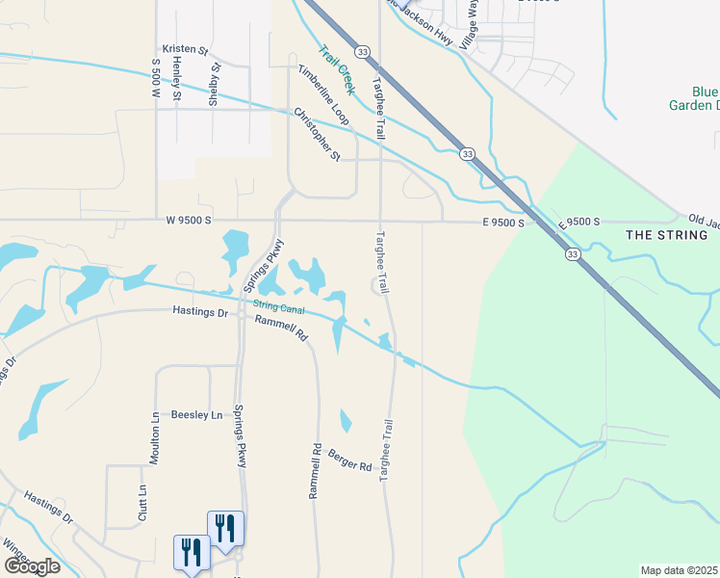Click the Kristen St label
click(x=186, y=48)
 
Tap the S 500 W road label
click(x=154, y=78)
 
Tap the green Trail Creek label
click(x=338, y=70)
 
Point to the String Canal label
click(x=278, y=307)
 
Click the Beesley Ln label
click(x=196, y=415)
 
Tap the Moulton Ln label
click(x=155, y=439)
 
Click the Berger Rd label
click(x=349, y=460)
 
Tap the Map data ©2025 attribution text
click(x=678, y=570)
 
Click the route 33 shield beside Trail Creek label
click(x=360, y=51)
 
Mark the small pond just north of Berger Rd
click(x=346, y=421)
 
